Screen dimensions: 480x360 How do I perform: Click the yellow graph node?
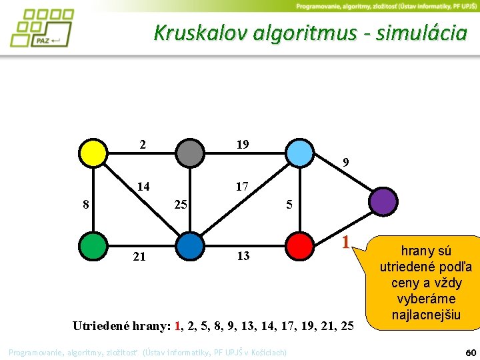tap(93, 153)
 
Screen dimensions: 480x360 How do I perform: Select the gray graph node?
tap(190, 153)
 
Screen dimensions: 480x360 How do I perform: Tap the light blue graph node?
tap(300, 153)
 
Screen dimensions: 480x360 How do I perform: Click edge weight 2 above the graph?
tap(143, 143)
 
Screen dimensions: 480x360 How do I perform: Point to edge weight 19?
tap(242, 143)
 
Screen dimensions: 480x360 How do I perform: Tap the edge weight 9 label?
tap(345, 162)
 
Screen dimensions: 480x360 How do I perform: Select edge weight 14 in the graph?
tap(143, 187)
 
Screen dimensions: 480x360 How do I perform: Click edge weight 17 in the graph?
tap(241, 187)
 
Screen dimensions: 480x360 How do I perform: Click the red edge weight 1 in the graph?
tap(345, 241)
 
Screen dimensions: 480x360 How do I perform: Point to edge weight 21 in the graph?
tap(139, 256)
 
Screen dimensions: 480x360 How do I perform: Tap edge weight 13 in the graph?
tap(242, 256)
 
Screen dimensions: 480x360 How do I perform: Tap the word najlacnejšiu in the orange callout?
tap(426, 314)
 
